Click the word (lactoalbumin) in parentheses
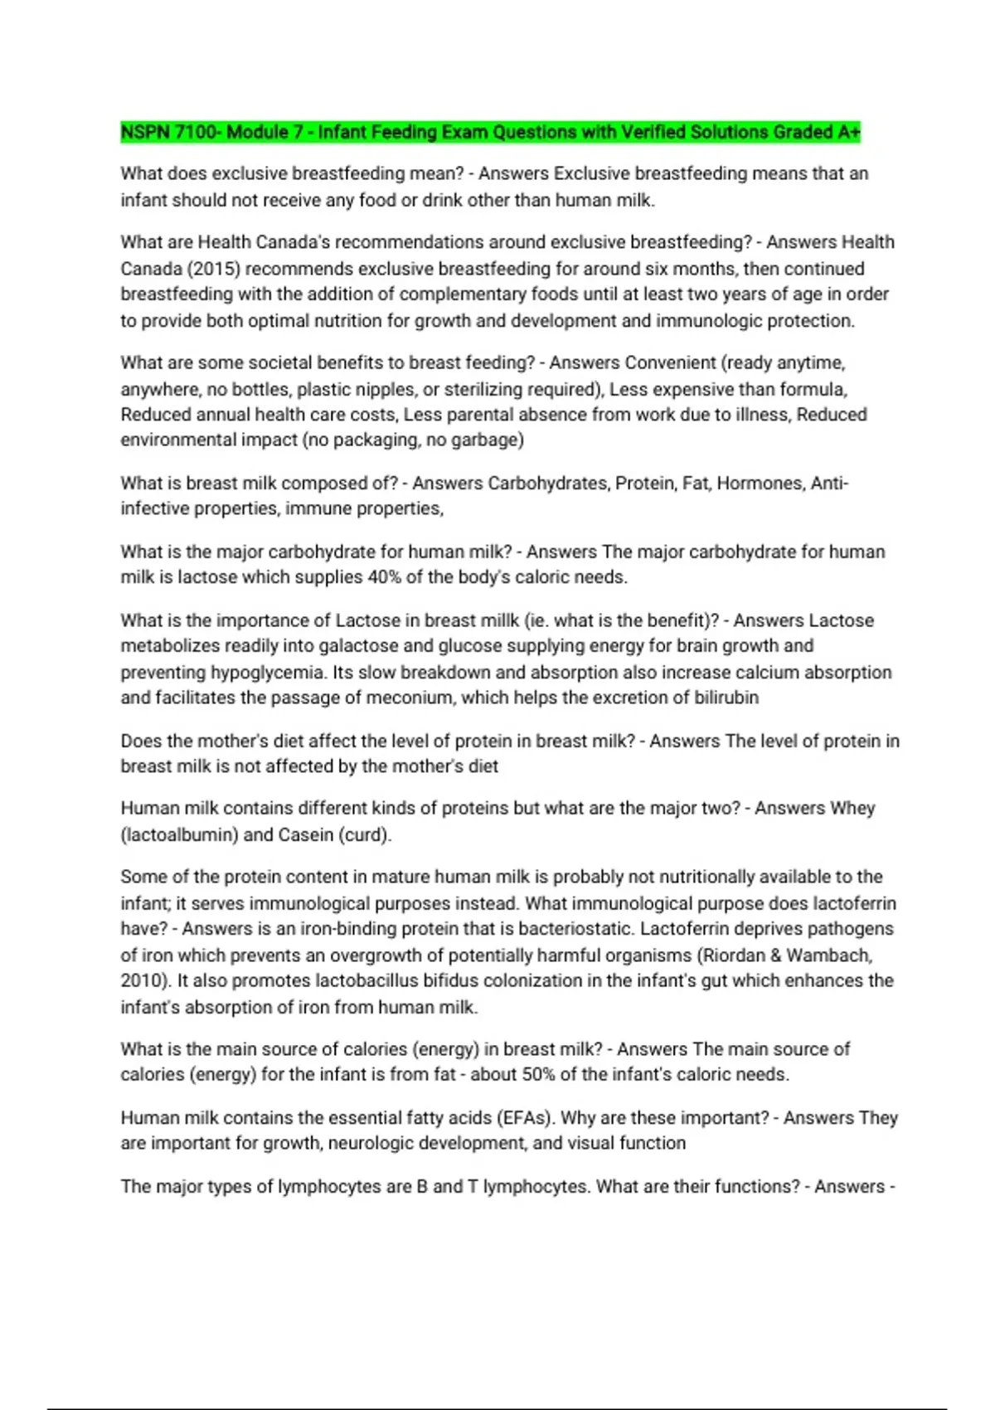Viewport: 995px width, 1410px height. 179,835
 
